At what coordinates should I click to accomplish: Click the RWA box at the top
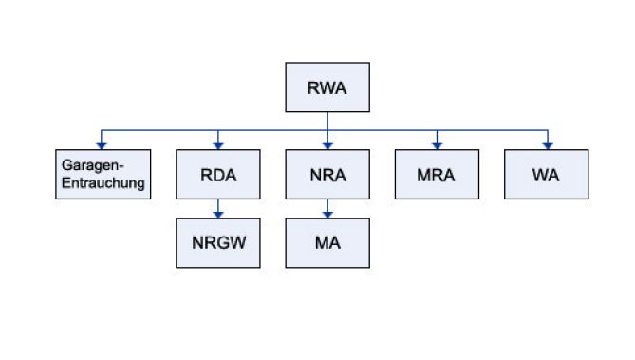coord(327,87)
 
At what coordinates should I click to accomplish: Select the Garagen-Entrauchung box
coord(102,175)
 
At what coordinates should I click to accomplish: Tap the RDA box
coord(218,175)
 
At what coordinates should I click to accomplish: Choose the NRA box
coord(327,175)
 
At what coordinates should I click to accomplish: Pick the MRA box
coord(437,175)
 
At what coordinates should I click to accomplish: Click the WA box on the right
coord(546,175)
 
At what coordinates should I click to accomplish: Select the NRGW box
coord(218,242)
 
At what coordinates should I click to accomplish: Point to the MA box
coord(327,242)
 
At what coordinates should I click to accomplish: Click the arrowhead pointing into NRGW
coord(218,214)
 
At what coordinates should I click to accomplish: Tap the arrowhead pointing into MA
coord(327,214)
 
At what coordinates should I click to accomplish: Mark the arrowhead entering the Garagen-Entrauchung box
coord(102,145)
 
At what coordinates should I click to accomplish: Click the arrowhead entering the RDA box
coord(218,145)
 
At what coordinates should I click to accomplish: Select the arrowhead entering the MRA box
coord(437,145)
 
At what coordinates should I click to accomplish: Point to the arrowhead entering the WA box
coord(546,145)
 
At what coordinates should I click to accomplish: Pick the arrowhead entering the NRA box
coord(327,145)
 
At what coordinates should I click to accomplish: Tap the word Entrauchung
coord(102,182)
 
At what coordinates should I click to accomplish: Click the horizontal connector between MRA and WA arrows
coord(491,130)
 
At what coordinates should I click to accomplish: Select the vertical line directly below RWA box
coord(327,121)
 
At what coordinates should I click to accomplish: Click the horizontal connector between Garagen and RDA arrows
coord(159,130)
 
